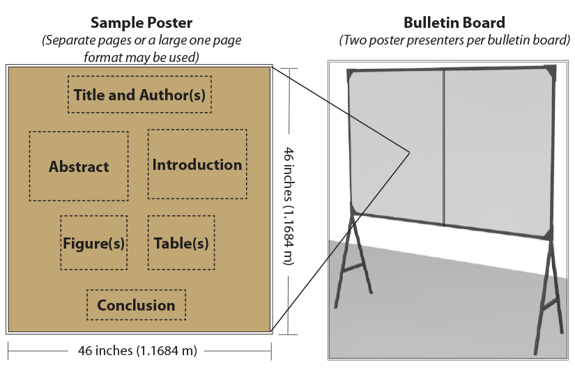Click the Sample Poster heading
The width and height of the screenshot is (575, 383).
click(142, 24)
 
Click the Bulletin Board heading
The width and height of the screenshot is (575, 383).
click(454, 24)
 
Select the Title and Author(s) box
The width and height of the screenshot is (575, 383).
click(139, 95)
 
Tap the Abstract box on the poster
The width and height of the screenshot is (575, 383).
click(79, 166)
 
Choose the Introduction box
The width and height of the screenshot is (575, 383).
click(197, 164)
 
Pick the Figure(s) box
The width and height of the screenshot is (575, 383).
click(93, 243)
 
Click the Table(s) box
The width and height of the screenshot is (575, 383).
click(181, 243)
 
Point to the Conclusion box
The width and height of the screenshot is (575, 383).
click(136, 305)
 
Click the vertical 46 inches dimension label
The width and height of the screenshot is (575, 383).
click(287, 205)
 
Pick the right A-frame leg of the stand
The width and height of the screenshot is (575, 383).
click(547, 292)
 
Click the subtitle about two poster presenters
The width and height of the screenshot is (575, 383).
click(454, 40)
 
